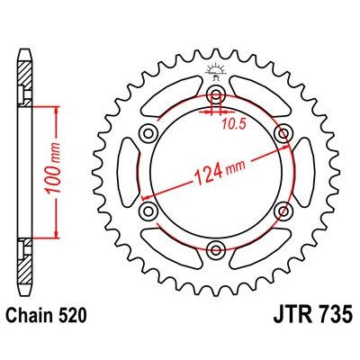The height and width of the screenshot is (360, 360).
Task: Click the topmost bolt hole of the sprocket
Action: (216, 96)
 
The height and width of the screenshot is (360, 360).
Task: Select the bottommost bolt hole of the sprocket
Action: (216, 249)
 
